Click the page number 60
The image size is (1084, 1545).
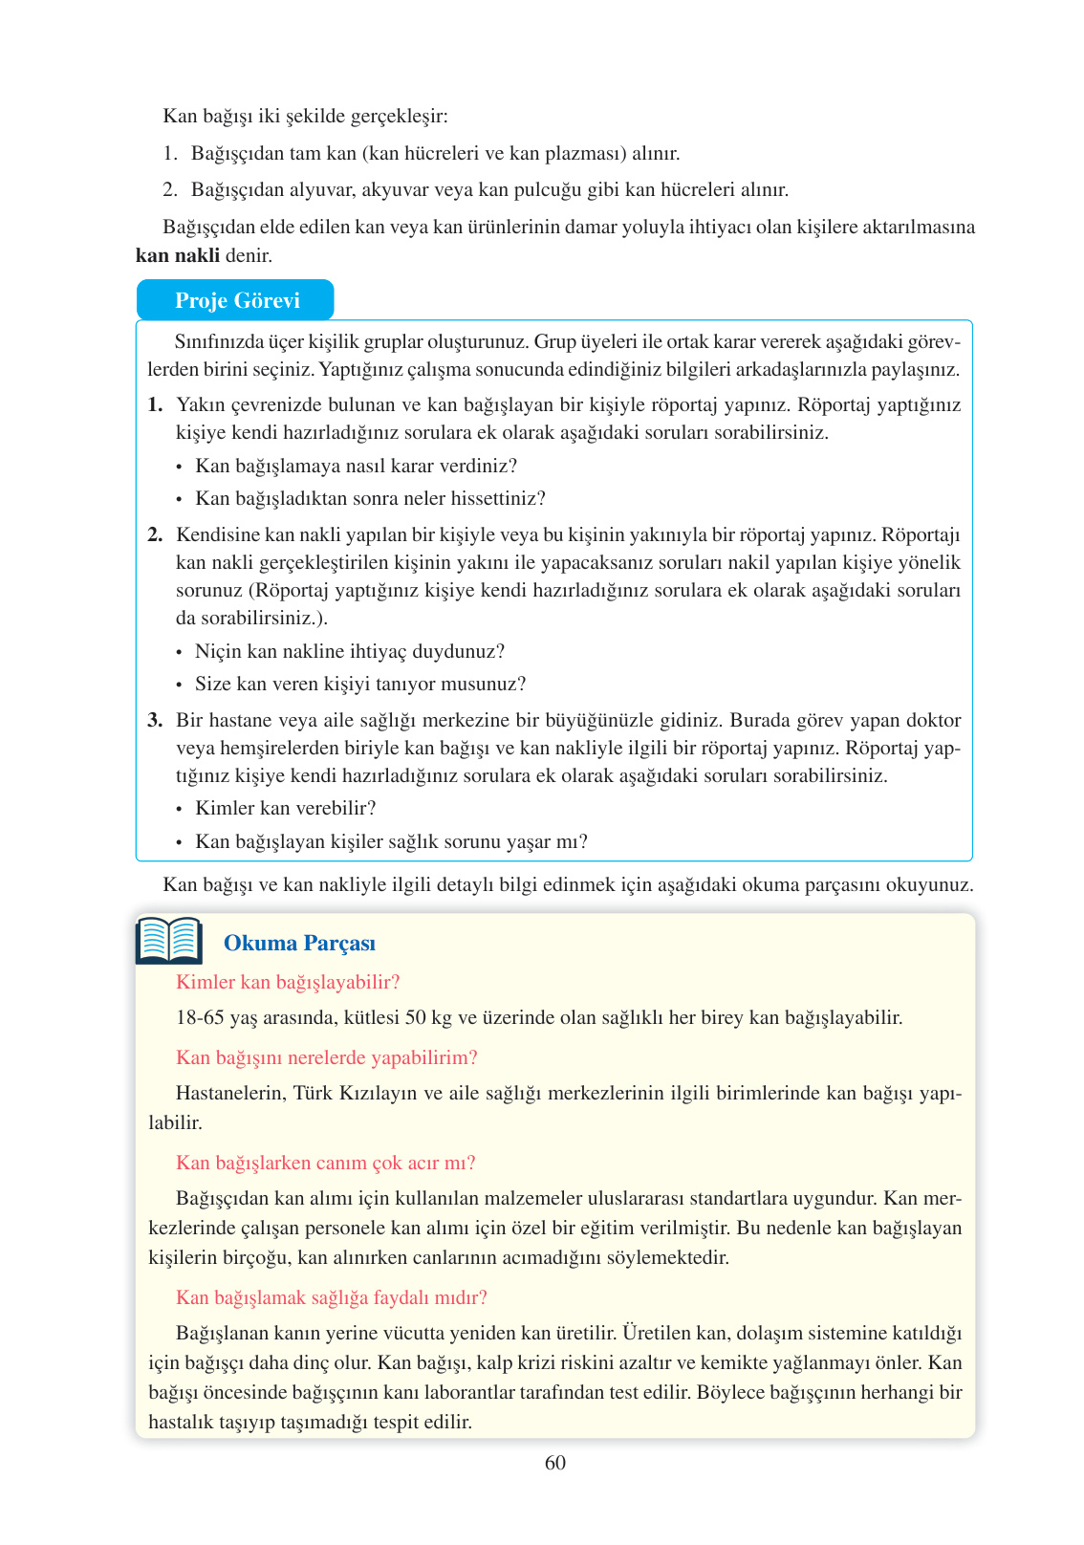554,1463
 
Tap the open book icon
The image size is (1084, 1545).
169,941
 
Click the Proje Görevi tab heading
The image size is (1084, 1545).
236,300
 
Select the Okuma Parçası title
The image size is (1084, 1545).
299,943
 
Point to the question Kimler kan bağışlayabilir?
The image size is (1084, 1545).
288,982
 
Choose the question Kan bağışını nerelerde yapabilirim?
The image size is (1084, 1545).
326,1057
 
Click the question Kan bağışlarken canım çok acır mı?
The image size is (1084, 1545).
325,1163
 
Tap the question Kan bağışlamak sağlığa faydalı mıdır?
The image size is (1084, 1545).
332,1297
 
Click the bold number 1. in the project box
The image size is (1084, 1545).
155,404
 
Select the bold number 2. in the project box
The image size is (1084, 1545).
155,534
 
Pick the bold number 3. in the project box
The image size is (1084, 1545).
155,720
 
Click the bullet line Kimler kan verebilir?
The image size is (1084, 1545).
285,808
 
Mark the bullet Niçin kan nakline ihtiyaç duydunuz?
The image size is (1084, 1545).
349,651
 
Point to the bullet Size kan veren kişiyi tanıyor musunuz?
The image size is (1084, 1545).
360,684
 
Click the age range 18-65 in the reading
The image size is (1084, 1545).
200,1017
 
